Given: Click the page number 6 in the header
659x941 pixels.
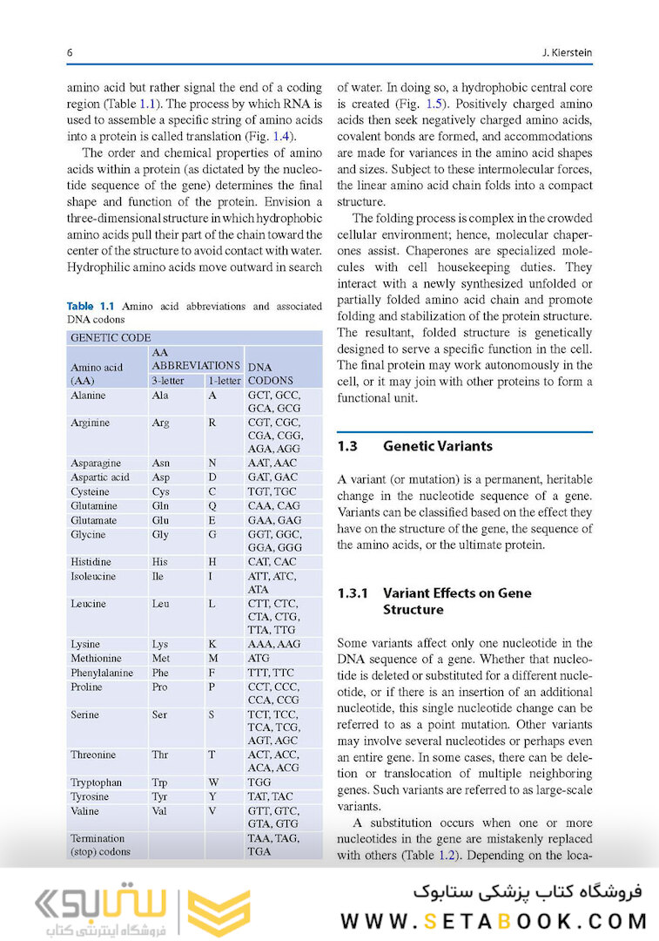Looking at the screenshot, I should (x=70, y=53).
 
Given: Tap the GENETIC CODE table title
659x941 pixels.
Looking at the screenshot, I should (x=111, y=337).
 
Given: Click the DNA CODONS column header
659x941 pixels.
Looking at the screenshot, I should (x=271, y=374).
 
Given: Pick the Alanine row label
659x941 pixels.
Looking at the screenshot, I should (x=88, y=396).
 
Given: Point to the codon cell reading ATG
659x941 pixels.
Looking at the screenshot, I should (x=259, y=659).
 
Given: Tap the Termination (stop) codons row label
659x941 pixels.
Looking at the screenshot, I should (x=98, y=844).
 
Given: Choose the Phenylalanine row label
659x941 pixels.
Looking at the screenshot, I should (x=102, y=673).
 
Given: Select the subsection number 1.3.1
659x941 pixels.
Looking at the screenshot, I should (x=353, y=593).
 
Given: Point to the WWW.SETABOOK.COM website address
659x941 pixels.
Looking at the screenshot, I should (x=494, y=921).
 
